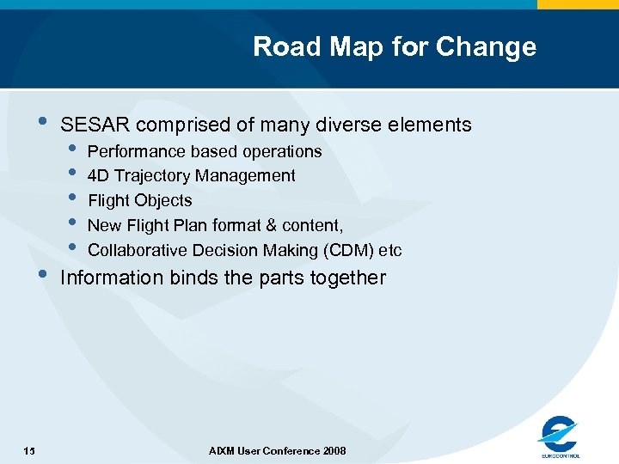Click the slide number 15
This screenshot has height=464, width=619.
[30, 451]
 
